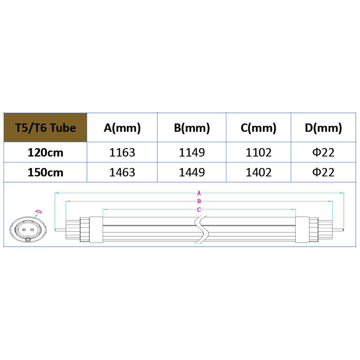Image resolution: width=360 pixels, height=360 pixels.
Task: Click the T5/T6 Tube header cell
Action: click(x=45, y=128)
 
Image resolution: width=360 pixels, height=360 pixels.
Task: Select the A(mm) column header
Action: click(x=122, y=128)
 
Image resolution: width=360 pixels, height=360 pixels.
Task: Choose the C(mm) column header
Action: click(x=258, y=128)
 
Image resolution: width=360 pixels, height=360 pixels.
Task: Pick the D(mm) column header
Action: click(x=324, y=128)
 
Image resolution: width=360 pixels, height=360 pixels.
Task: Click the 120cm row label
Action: click(x=45, y=152)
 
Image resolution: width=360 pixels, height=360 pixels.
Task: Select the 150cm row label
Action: click(x=45, y=172)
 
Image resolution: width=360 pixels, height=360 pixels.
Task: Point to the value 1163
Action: click(x=122, y=152)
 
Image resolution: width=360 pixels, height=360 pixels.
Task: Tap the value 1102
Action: click(x=258, y=152)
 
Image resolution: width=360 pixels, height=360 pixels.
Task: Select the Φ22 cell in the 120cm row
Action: click(x=324, y=152)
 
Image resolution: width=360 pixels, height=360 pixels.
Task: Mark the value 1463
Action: click(x=122, y=172)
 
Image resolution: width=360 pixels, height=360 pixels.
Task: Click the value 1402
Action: click(x=258, y=172)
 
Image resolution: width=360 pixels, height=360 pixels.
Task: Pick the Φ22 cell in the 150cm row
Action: click(x=324, y=172)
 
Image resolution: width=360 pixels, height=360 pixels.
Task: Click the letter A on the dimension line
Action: click(x=198, y=193)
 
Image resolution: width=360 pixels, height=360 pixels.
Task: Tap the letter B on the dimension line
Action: click(x=198, y=201)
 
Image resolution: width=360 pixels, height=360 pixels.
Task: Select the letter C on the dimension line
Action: click(x=198, y=210)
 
